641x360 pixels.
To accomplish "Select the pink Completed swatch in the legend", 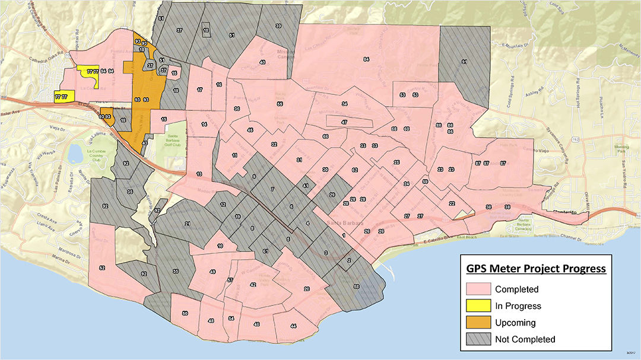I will point(477,289).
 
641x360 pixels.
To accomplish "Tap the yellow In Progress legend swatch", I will point(477,306).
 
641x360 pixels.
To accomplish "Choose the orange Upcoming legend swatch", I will point(477,323).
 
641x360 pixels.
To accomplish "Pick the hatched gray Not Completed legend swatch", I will point(477,339).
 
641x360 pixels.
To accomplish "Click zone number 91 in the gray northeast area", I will point(464,62).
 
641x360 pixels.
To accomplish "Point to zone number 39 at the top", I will point(278,26).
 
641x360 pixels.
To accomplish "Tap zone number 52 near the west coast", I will point(102,268).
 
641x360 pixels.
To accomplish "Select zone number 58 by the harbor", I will point(356,287).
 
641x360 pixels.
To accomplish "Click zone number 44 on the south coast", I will point(293,327).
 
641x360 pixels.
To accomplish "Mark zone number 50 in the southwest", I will point(185,313).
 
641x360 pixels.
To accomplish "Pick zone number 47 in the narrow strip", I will point(344,122).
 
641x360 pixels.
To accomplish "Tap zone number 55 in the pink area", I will point(280,104).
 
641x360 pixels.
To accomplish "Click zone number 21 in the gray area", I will point(187,224).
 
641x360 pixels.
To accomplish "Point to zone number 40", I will point(262,62).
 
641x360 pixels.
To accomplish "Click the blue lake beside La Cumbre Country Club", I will point(75,154).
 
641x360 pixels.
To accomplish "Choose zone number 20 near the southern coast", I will point(306,289).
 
